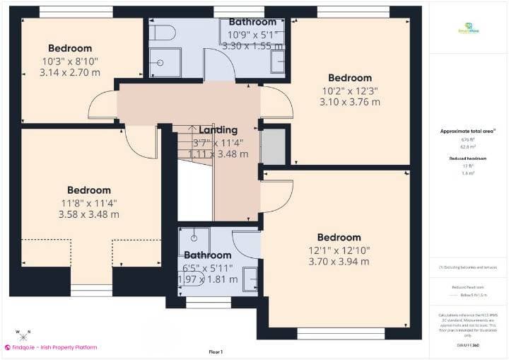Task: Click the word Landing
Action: [x=218, y=130]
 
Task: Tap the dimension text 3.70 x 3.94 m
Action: [x=339, y=262]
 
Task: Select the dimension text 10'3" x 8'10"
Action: [x=70, y=62]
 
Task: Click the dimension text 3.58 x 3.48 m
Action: [x=89, y=214]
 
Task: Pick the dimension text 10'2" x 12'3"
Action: [x=349, y=90]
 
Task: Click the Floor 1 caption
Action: [x=216, y=352]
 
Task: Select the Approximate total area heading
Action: [x=467, y=132]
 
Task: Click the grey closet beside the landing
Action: [x=273, y=146]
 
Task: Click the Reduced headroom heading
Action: [x=467, y=158]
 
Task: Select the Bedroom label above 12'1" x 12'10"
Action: [x=339, y=238]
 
